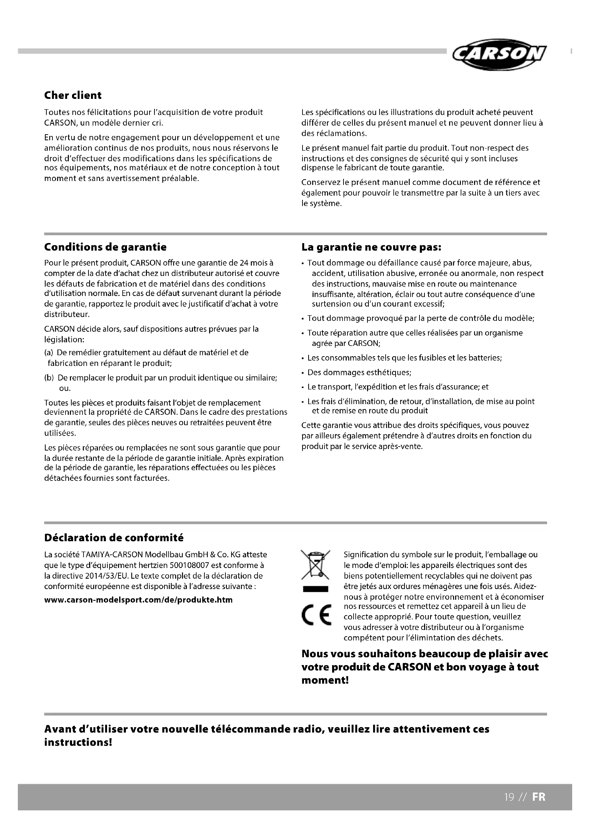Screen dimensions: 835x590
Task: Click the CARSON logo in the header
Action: pos(499,55)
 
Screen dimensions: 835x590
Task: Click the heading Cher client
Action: pos(73,95)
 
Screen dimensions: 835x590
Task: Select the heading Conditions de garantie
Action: pos(105,247)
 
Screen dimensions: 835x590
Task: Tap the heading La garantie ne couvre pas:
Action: pos(371,247)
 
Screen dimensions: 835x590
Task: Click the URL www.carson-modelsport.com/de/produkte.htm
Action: pos(138,600)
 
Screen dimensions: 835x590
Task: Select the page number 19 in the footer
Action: pos(509,797)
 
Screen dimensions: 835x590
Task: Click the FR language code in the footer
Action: pos(539,797)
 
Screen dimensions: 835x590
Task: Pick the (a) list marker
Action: pos(49,352)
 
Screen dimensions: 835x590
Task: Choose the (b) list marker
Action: pos(49,378)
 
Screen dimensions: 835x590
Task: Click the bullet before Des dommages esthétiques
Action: pos(302,373)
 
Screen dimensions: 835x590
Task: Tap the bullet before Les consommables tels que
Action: pos(302,358)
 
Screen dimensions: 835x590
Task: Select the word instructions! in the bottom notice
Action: pos(78,742)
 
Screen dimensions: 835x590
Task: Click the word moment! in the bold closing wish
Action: pos(325,680)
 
